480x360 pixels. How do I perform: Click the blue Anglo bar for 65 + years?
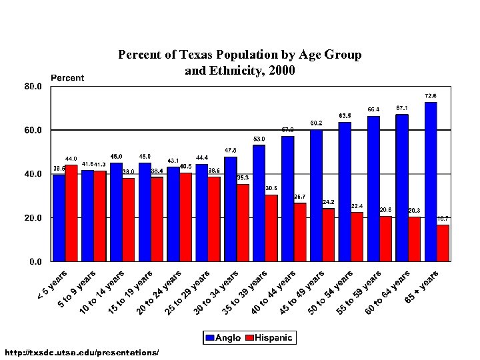431,181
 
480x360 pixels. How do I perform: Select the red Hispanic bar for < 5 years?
71,213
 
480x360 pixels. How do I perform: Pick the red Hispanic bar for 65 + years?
443,243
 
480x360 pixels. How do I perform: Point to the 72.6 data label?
431,95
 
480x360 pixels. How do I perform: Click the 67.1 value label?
402,107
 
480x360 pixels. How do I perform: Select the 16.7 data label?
443,218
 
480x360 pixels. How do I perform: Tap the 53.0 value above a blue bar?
259,139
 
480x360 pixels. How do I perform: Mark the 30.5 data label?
271,188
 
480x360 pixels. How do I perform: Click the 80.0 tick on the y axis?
34,87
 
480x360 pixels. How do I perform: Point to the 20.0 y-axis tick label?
34,218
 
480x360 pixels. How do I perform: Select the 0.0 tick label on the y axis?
36,262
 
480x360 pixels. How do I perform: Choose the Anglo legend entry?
223,338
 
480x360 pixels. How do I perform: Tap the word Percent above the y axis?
68,78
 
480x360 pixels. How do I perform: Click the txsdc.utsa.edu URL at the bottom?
81,351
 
